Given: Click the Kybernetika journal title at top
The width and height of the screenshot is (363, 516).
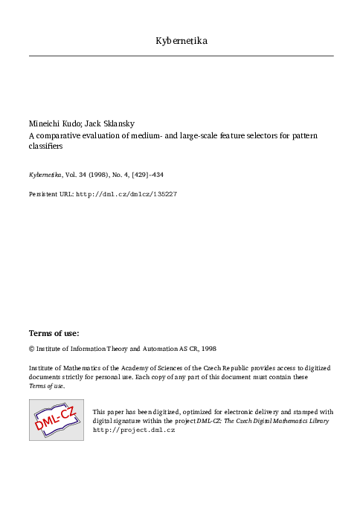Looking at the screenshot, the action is [181, 40].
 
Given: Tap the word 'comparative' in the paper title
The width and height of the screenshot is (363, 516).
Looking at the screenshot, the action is [57, 136].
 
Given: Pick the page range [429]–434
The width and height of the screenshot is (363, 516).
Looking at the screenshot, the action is [158, 175].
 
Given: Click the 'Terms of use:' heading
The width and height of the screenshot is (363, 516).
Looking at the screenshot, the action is [54, 332].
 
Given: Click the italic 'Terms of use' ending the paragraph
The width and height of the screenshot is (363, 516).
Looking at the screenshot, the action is [46, 386].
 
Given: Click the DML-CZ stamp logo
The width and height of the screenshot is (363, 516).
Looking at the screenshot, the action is [56, 419].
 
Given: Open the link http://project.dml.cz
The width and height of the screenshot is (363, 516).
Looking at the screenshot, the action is [133, 430].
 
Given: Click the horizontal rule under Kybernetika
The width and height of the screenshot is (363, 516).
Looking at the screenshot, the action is [181, 56].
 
